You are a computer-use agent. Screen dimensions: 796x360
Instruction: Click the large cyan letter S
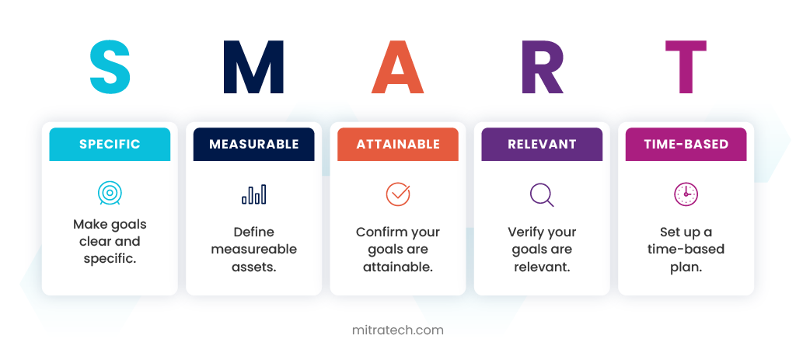point(110,67)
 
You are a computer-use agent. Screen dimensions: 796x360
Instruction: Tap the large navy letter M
point(253,67)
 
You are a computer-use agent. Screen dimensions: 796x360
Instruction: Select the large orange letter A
point(397,67)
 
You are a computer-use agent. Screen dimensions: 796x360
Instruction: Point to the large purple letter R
point(542,67)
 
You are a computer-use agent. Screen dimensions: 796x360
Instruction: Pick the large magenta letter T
point(686,67)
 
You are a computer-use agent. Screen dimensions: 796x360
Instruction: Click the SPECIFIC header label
point(110,144)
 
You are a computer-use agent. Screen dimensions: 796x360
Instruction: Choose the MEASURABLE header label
point(254,144)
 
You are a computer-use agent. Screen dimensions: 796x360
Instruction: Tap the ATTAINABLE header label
point(398,144)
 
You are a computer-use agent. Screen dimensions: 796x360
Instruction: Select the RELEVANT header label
point(542,144)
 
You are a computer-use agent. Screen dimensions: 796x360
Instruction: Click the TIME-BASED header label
point(686,144)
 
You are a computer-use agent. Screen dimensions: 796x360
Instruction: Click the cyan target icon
point(110,193)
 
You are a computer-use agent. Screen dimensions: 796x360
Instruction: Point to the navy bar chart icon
point(254,194)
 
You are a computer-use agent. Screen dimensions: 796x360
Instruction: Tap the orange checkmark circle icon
point(398,194)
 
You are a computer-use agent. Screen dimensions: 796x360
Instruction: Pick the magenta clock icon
point(686,194)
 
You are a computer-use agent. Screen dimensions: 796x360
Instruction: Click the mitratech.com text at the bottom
point(397,330)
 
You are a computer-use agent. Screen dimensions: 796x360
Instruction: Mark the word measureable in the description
point(254,250)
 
